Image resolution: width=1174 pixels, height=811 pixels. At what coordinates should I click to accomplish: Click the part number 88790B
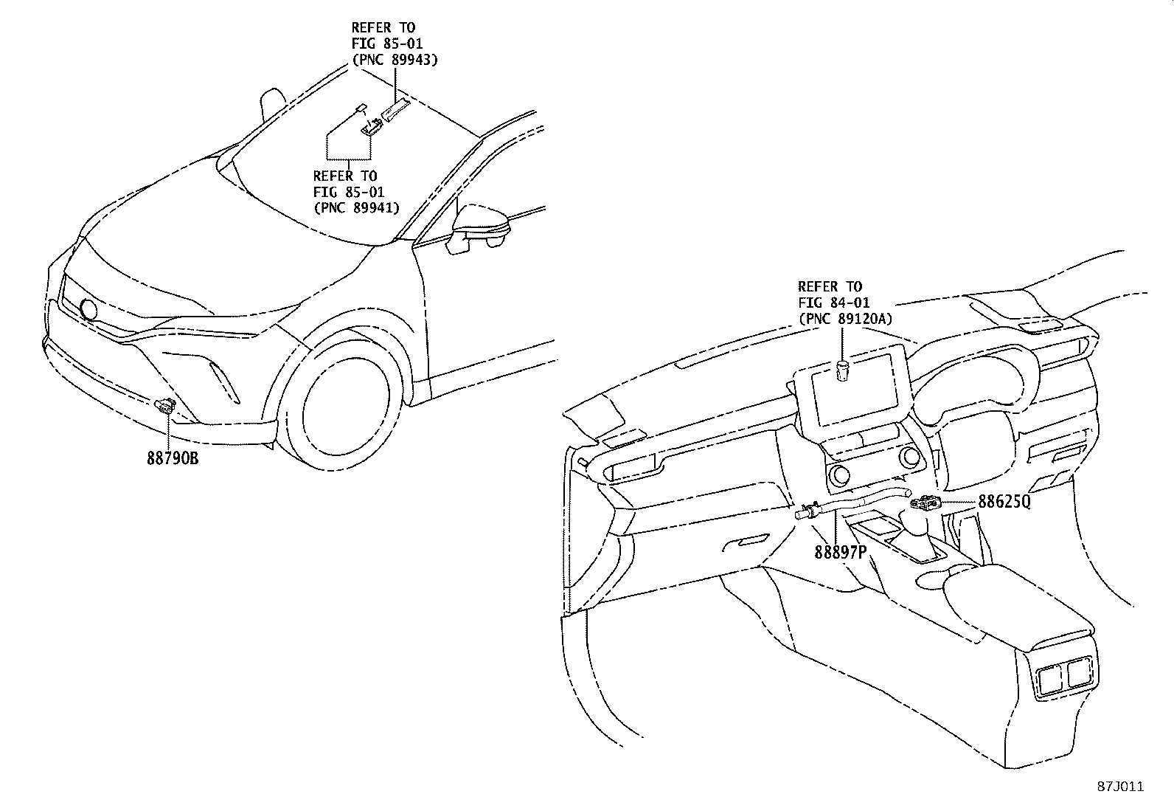pyautogui.click(x=173, y=458)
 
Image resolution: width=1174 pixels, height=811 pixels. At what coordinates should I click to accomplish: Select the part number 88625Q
pyautogui.click(x=1004, y=502)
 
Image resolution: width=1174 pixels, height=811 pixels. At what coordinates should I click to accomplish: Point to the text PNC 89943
pyautogui.click(x=395, y=61)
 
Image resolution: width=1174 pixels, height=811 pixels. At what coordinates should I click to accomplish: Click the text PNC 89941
pyautogui.click(x=357, y=208)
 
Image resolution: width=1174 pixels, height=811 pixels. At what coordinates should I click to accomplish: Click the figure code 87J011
pyautogui.click(x=1119, y=787)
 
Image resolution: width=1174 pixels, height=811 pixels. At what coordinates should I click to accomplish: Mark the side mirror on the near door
pyautogui.click(x=479, y=225)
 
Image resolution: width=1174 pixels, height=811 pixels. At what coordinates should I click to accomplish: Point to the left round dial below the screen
pyautogui.click(x=838, y=474)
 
